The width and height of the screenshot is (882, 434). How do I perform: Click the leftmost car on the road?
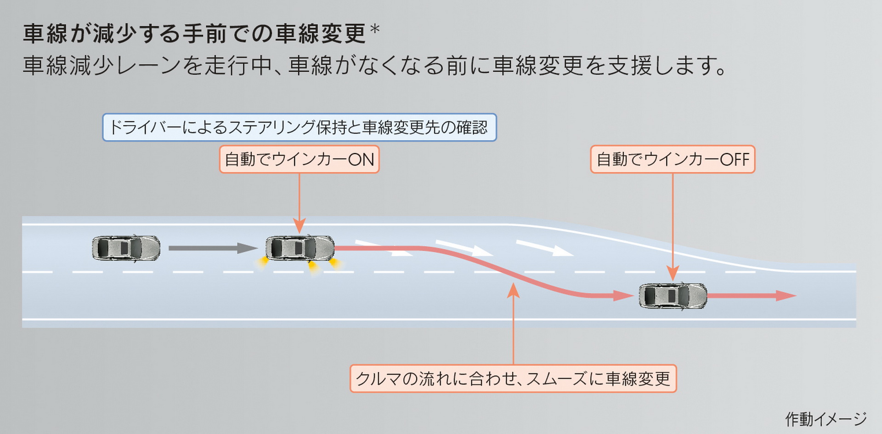[x=126, y=248]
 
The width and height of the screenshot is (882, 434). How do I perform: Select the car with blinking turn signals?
[x=300, y=248]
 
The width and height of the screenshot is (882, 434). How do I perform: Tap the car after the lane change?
[x=673, y=296]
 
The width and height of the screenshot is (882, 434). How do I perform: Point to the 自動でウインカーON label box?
[x=299, y=160]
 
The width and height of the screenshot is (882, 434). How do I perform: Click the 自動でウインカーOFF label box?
[x=673, y=160]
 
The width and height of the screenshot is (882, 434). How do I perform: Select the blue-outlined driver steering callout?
[x=299, y=127]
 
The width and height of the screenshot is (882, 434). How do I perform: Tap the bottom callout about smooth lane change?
[x=513, y=378]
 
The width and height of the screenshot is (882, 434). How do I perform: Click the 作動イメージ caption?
[x=826, y=419]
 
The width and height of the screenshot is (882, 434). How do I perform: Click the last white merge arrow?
[x=545, y=248]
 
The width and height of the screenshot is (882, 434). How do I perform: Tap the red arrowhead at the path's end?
[x=786, y=296]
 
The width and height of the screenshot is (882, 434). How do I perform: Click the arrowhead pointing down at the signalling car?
[x=299, y=226]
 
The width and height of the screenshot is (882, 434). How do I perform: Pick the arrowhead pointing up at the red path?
[x=513, y=291]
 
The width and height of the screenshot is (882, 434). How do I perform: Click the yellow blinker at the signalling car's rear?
[x=262, y=263]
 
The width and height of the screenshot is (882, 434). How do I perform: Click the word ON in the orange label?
[x=361, y=160]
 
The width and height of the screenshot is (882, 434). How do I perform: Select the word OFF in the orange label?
[x=735, y=160]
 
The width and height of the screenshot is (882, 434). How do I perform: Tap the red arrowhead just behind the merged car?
[x=624, y=296]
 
